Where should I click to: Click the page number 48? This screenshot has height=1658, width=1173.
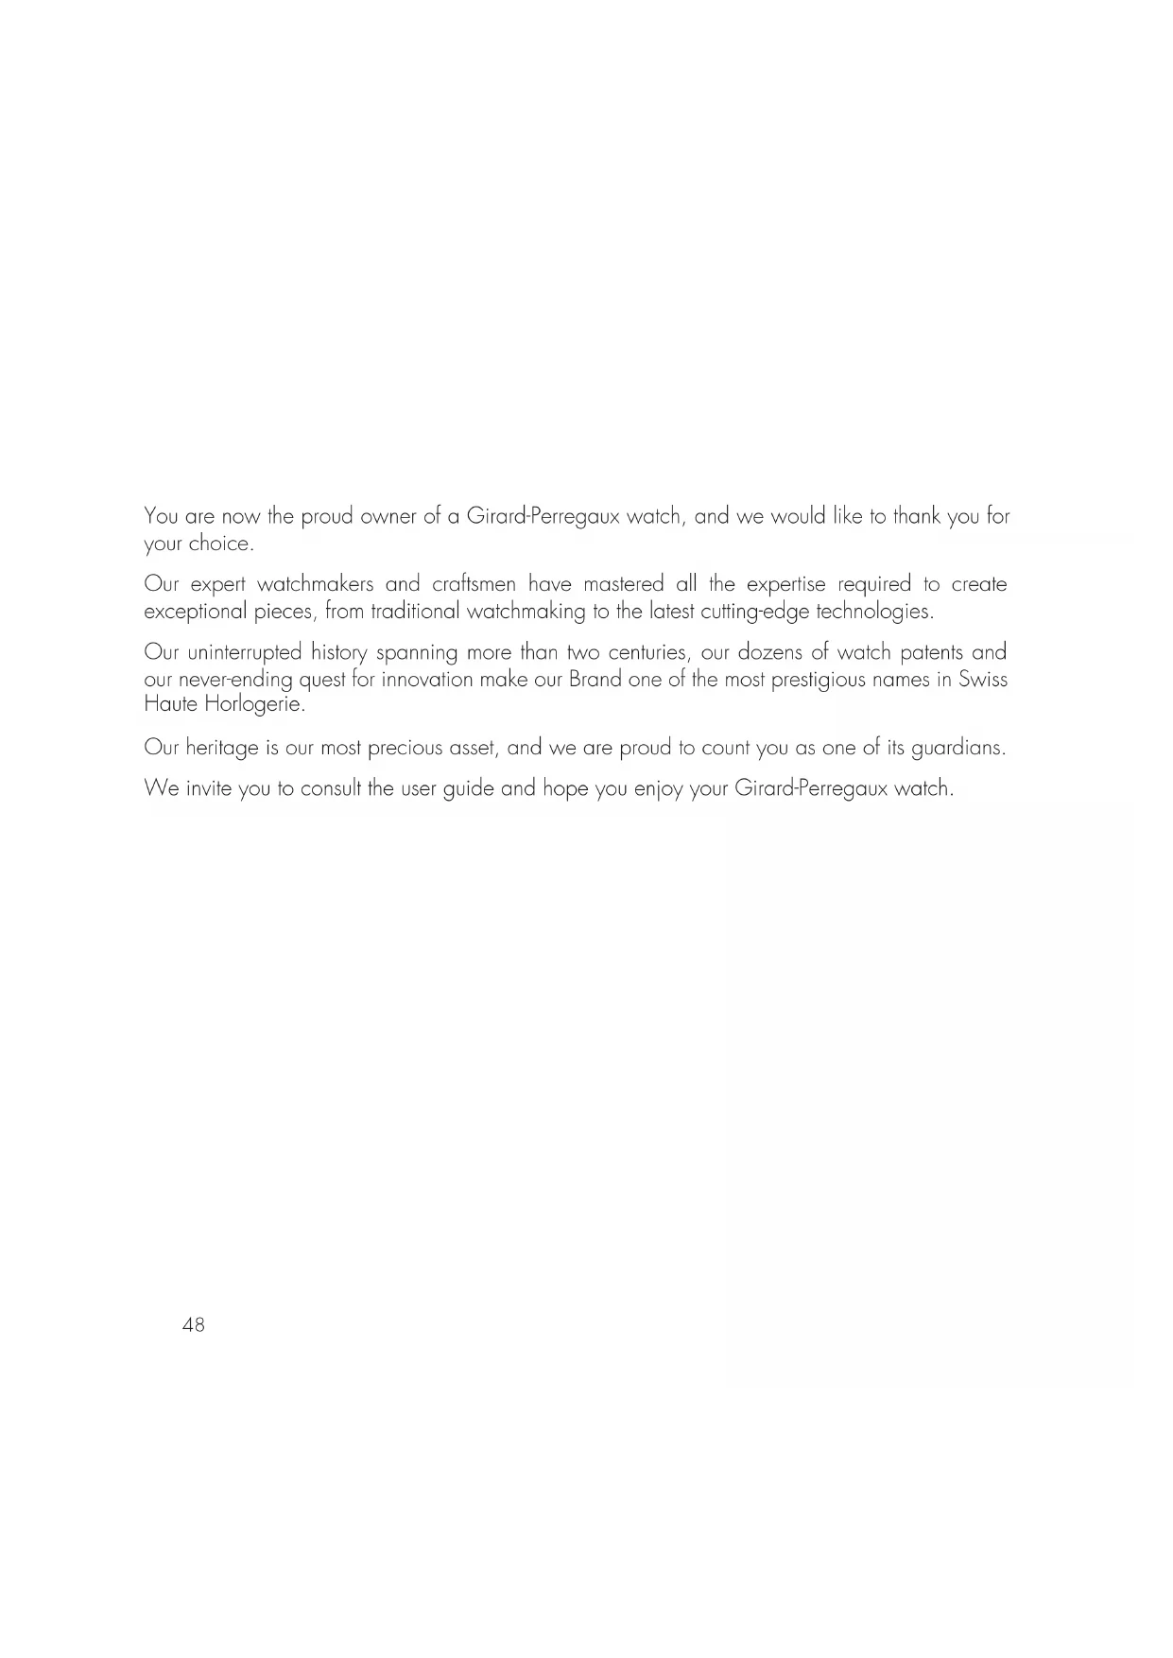pyautogui.click(x=193, y=1325)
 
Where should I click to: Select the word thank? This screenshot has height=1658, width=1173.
pyautogui.click(x=917, y=517)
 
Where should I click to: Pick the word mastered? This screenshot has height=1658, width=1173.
pyautogui.click(x=624, y=584)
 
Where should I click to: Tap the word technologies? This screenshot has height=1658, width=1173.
pyautogui.click(x=874, y=612)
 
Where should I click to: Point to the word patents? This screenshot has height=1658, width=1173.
pyautogui.click(x=930, y=653)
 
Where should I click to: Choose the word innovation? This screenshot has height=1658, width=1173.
pyautogui.click(x=427, y=680)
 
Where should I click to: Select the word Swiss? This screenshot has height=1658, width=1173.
pyautogui.click(x=983, y=680)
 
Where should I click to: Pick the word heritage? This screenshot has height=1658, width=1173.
pyautogui.click(x=222, y=749)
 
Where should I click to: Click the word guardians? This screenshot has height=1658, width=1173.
pyautogui.click(x=957, y=749)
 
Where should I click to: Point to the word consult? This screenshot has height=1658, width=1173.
pyautogui.click(x=331, y=788)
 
